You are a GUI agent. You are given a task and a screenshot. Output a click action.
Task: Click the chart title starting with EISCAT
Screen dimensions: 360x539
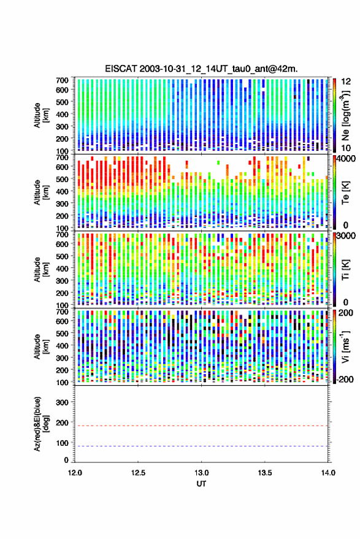(201, 69)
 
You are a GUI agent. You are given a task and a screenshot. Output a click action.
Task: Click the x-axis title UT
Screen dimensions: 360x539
(201, 484)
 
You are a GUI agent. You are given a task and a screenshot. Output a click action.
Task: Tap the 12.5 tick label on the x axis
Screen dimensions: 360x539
(138, 473)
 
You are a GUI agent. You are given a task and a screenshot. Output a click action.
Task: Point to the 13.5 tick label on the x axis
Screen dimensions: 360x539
(264, 473)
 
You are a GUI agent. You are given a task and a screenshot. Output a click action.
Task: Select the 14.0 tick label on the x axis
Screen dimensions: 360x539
(327, 473)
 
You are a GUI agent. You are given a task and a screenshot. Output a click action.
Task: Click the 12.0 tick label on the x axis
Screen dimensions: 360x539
(75, 473)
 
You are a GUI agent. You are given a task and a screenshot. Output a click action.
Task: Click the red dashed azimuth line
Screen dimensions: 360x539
(201, 426)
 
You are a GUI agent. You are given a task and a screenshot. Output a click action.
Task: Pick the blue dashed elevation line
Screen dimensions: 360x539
(201, 446)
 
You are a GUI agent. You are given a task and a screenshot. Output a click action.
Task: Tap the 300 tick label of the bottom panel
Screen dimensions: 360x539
(62, 402)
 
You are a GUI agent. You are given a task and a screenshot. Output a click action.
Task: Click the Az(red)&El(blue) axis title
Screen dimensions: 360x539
(41, 424)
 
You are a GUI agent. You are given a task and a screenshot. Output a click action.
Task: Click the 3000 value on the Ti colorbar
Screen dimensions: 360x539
(346, 236)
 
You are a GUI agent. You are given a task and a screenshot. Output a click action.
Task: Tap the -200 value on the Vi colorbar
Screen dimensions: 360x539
(345, 379)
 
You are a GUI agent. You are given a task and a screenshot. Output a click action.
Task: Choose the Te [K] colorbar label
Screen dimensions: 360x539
(345, 193)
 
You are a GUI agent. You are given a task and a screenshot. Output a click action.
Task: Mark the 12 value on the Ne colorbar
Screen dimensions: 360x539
(346, 82)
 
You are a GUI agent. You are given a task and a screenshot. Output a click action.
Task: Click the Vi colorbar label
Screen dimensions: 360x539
(345, 346)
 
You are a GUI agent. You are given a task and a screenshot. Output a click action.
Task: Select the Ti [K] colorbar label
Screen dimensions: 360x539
(345, 270)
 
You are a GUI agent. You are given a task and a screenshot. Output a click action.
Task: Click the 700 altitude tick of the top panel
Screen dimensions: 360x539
(62, 80)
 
